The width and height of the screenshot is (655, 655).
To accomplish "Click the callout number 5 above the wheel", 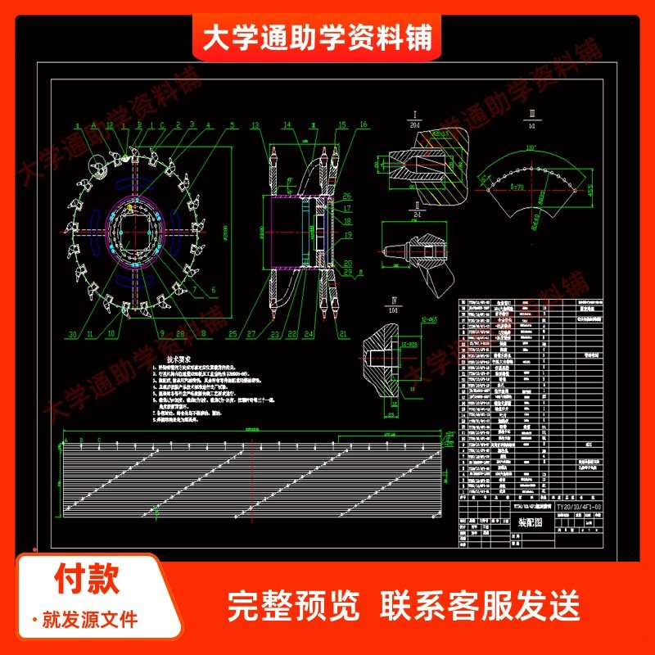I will pyautogui.click(x=232, y=126).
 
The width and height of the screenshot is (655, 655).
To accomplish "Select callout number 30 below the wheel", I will pyautogui.click(x=73, y=334).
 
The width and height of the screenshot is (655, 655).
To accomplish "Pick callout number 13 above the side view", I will pyautogui.click(x=255, y=125).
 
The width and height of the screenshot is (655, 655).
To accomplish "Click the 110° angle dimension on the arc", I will pyautogui.click(x=531, y=147).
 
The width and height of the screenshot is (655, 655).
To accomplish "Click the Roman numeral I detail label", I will pyautogui.click(x=414, y=113).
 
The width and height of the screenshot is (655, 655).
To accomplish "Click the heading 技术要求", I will pyautogui.click(x=178, y=359).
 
